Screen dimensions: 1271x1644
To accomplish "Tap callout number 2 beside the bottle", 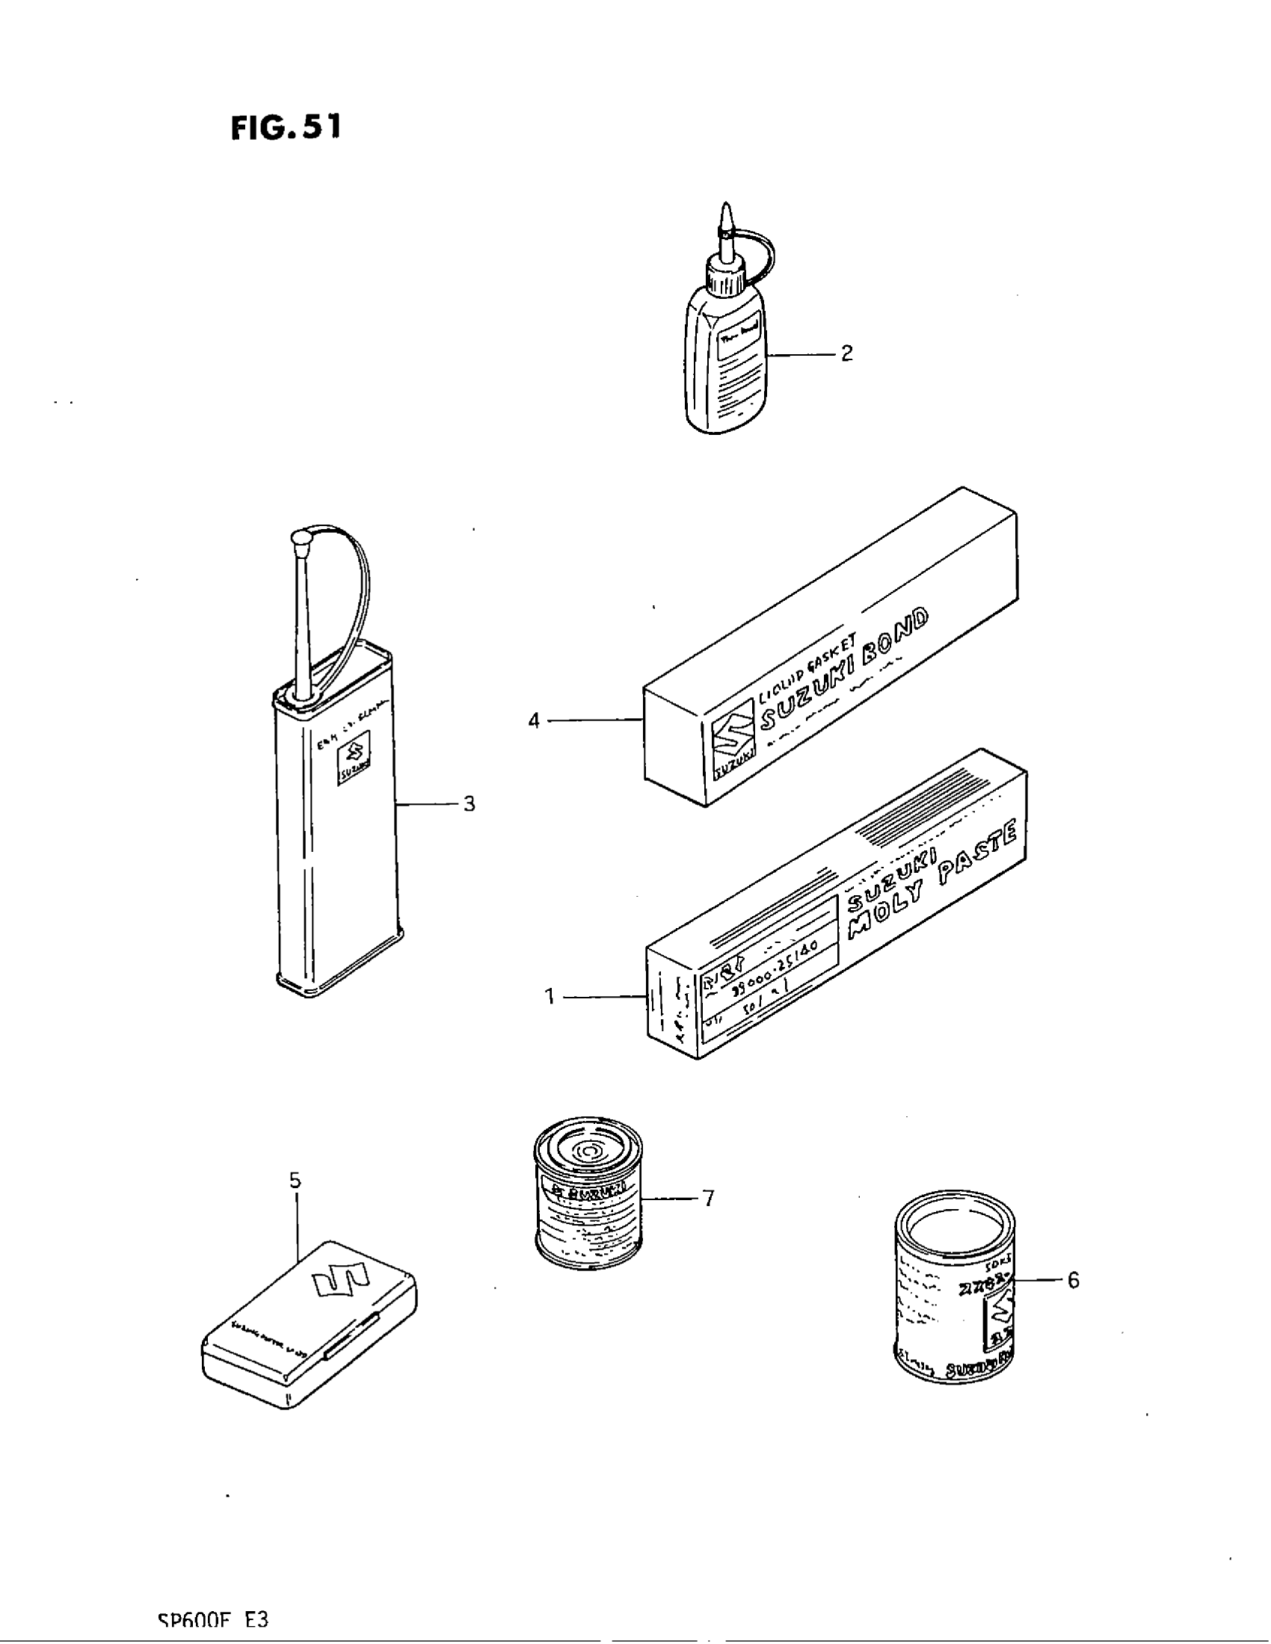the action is coord(846,353).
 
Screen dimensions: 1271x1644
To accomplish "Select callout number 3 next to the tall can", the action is coord(468,804).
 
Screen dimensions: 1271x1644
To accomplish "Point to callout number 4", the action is coord(534,720).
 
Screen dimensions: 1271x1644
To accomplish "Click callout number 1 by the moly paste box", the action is coord(550,997).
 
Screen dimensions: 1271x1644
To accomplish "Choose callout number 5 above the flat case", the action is coord(295,1180).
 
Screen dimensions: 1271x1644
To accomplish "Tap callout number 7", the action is coord(708,1198).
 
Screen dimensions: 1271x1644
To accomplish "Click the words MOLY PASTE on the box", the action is coord(934,881).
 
